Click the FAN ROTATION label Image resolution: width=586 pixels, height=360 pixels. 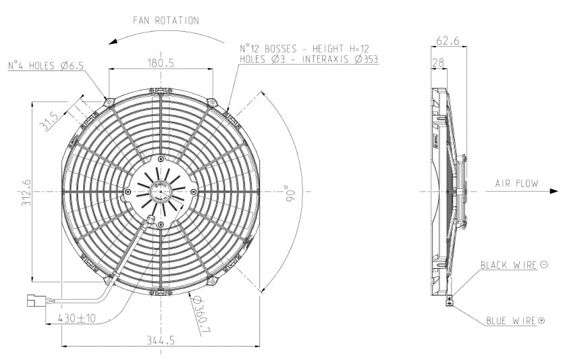166,20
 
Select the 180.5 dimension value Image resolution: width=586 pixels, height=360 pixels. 161,63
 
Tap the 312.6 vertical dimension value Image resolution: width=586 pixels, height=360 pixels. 26,192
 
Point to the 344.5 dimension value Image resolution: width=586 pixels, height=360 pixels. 161,340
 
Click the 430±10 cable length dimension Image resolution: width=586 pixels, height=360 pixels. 77,319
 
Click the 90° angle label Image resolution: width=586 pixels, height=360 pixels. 290,193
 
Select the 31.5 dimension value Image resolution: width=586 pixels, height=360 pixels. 49,121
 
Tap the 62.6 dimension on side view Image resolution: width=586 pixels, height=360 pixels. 448,41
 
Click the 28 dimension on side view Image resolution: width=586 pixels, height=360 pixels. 438,62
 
